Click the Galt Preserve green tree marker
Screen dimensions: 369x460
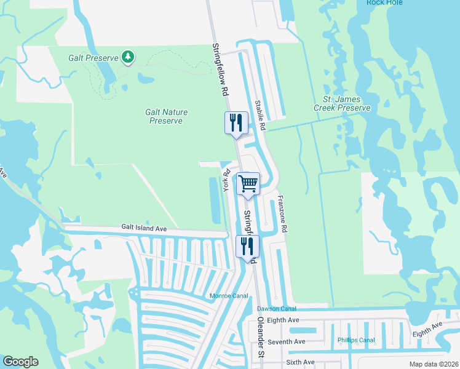pyautogui.click(x=128, y=57)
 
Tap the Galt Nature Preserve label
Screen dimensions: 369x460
pyautogui.click(x=166, y=116)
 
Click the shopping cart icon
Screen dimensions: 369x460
pyautogui.click(x=248, y=183)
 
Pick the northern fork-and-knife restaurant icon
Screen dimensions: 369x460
pyautogui.click(x=236, y=123)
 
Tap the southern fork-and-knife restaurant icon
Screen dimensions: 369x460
pyautogui.click(x=247, y=247)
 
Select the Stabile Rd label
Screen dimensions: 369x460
pyautogui.click(x=260, y=115)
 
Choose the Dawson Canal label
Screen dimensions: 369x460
pyautogui.click(x=276, y=308)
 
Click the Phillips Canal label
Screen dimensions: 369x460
pyautogui.click(x=356, y=340)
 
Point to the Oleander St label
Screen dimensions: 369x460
pyautogui.click(x=260, y=346)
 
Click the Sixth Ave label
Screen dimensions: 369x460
pyautogui.click(x=299, y=362)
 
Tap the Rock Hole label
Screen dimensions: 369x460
pyautogui.click(x=384, y=2)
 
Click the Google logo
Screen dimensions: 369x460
pyautogui.click(x=20, y=362)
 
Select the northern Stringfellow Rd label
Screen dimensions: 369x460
pyautogui.click(x=220, y=69)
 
